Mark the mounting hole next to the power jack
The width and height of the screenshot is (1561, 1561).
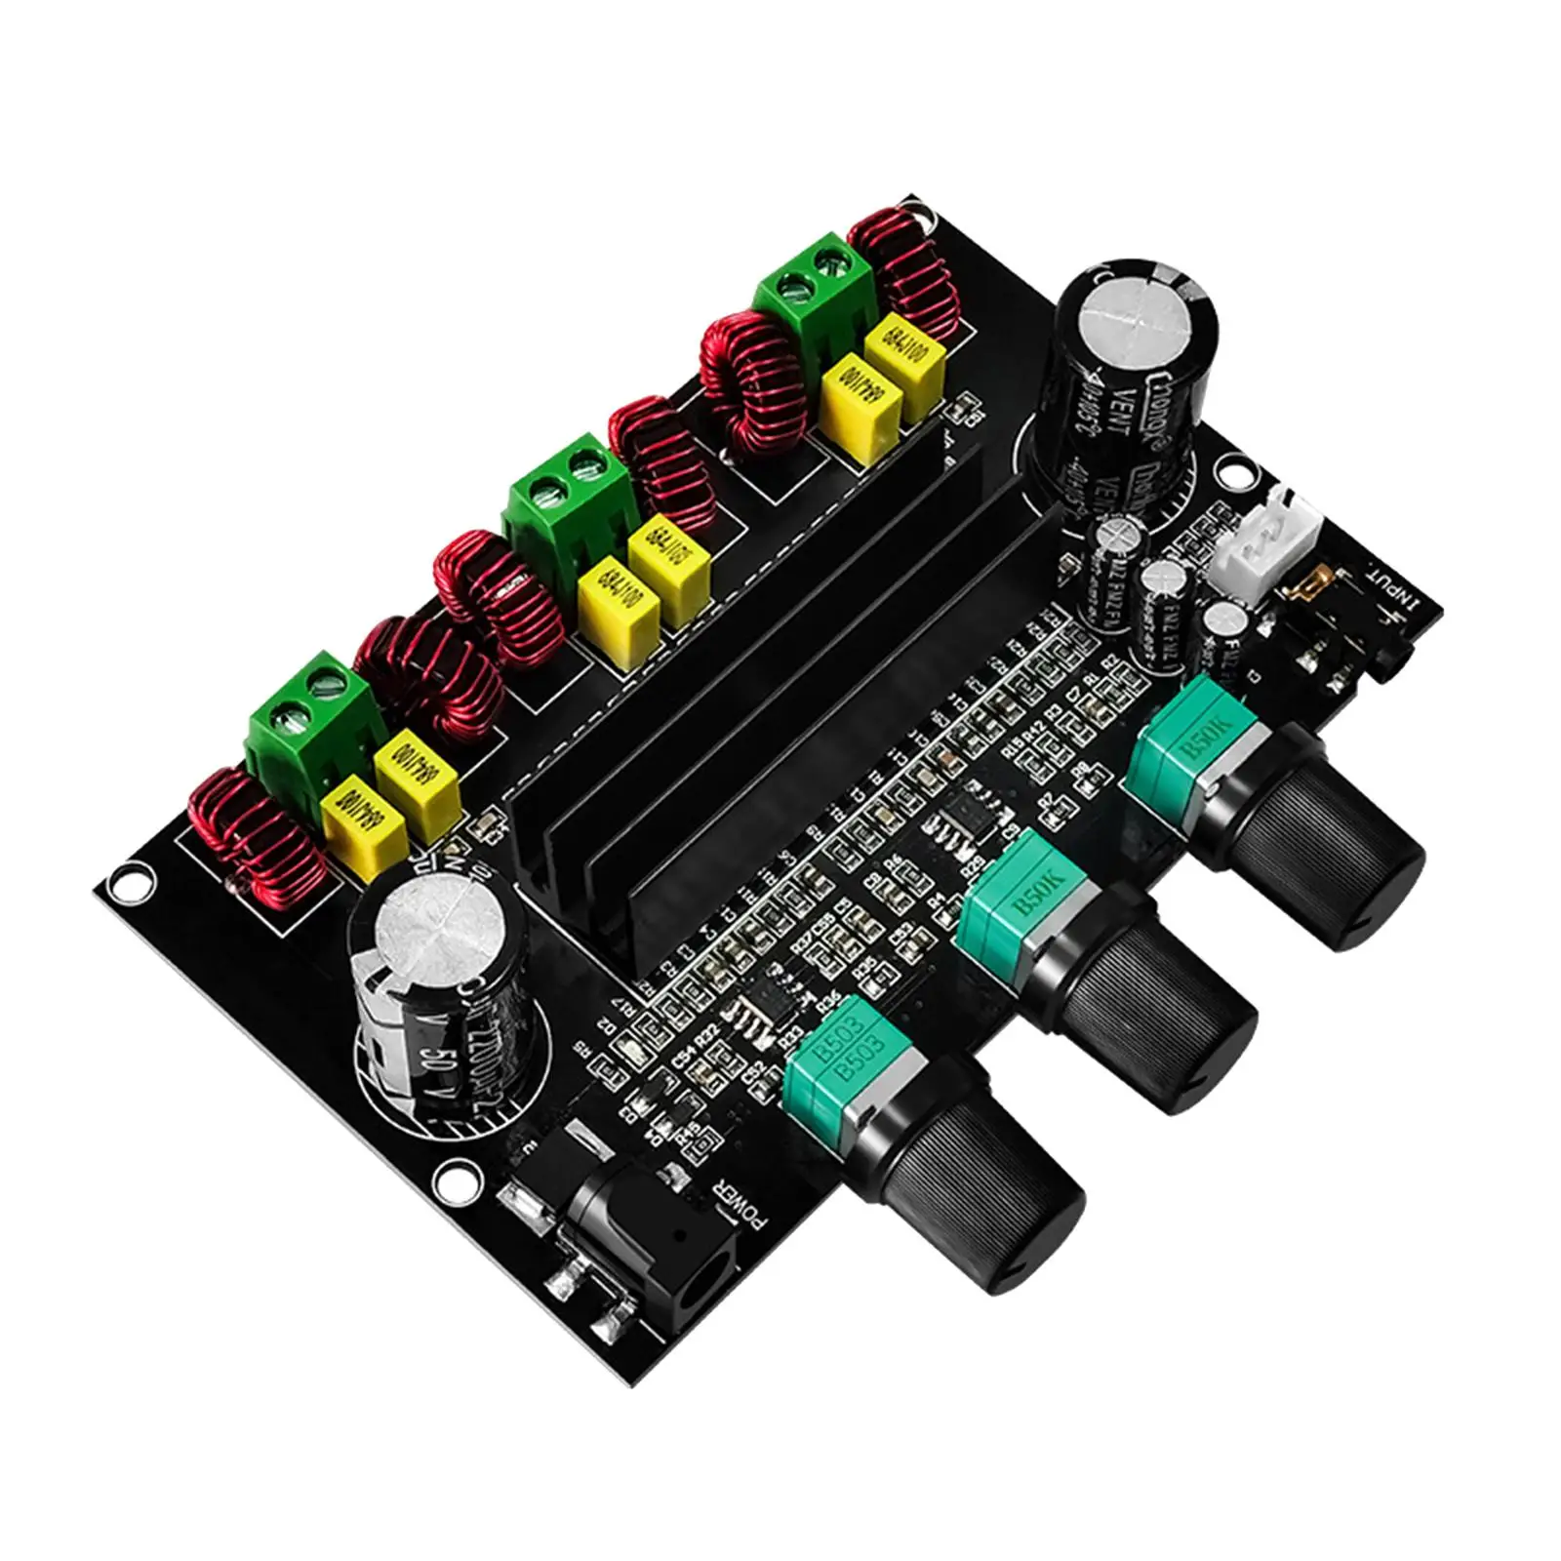pyautogui.click(x=460, y=1181)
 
